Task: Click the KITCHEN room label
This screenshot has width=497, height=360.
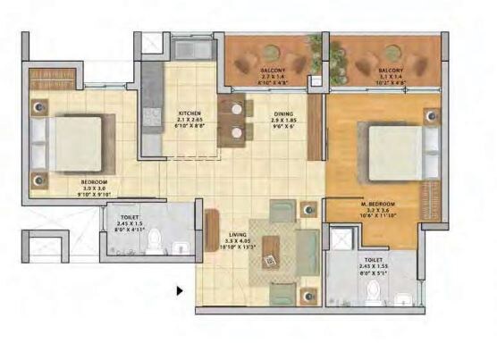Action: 190,113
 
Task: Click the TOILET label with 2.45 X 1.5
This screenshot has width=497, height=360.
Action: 130,215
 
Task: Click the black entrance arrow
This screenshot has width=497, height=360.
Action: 180,290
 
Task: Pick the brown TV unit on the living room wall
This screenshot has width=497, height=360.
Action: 212,231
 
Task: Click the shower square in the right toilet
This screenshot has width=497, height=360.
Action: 340,239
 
